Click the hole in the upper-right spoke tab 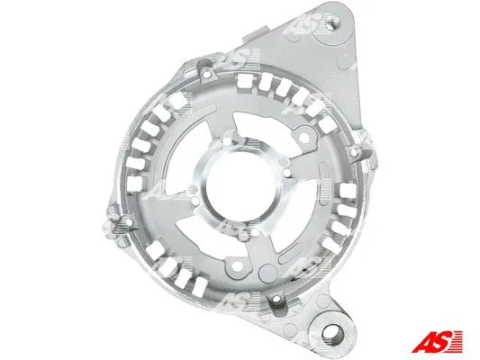point(303,138)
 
